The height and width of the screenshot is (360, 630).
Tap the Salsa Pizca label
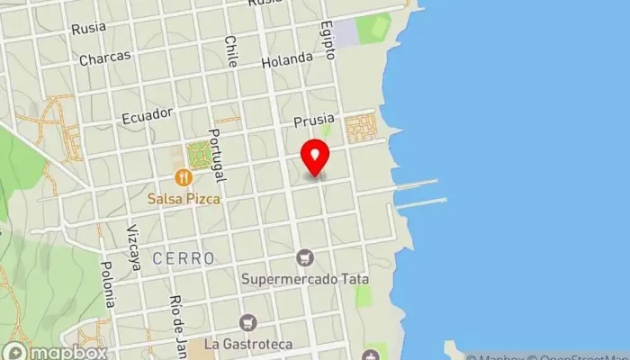[184, 194]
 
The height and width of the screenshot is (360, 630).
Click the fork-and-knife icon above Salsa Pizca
[184, 177]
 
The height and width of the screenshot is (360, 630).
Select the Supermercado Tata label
[305, 278]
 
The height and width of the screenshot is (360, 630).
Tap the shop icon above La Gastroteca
[247, 322]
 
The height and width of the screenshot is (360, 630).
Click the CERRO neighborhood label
[184, 258]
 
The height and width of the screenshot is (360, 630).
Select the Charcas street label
[105, 57]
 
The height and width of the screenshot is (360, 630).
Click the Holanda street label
[286, 61]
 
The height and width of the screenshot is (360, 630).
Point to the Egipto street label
[328, 40]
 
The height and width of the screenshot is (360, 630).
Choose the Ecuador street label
[145, 115]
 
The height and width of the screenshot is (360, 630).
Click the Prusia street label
[313, 120]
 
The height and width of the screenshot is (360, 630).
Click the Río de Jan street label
[177, 319]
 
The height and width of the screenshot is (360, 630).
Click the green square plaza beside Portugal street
[197, 157]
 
